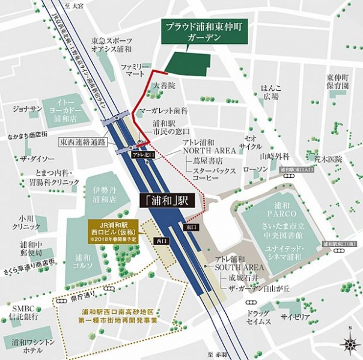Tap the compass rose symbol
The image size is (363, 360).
click(x=350, y=344)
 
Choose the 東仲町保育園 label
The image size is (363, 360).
click(x=338, y=82)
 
